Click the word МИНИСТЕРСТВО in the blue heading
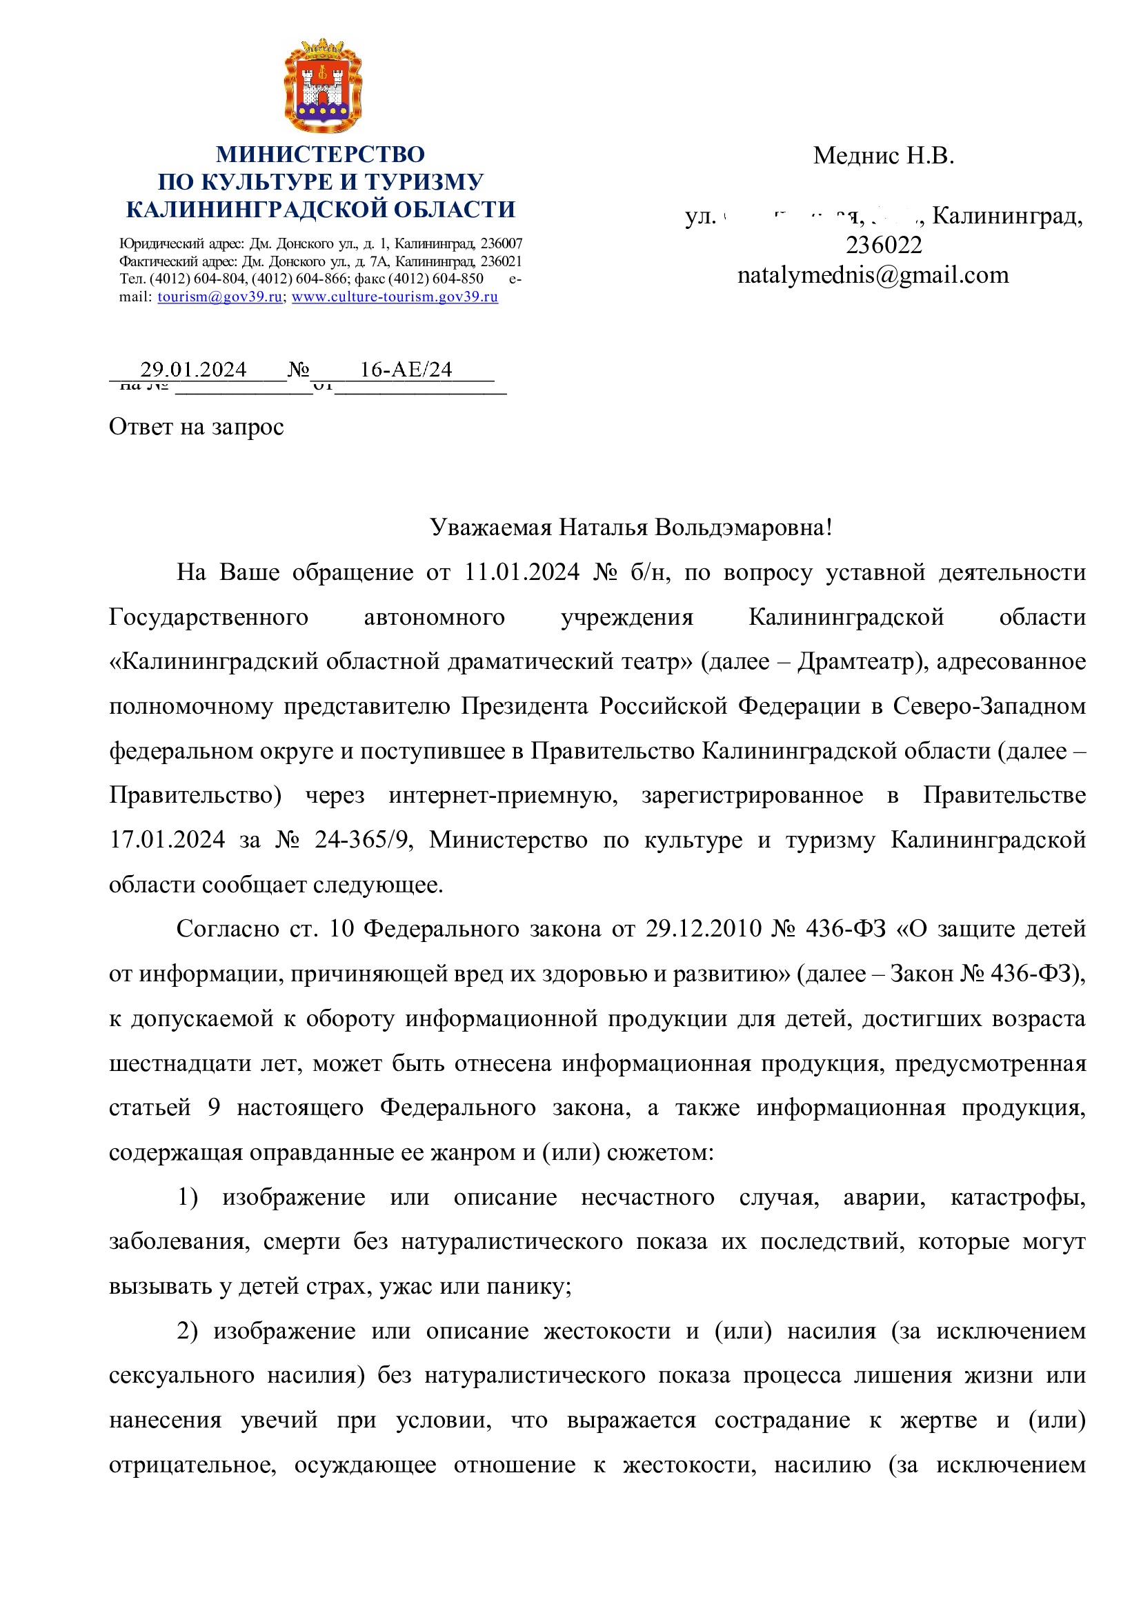click(x=320, y=154)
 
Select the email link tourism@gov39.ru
click(x=219, y=297)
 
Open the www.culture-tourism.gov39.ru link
click(x=395, y=297)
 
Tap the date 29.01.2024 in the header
click(x=193, y=370)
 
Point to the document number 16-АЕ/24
click(x=406, y=370)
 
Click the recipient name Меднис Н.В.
click(x=883, y=155)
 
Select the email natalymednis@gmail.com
click(x=873, y=274)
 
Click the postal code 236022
click(x=883, y=245)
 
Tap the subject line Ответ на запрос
click(x=196, y=426)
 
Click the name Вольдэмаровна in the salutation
click(x=743, y=527)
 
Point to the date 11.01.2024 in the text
click(x=522, y=572)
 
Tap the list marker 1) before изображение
click(x=188, y=1196)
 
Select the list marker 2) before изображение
click(x=188, y=1330)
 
